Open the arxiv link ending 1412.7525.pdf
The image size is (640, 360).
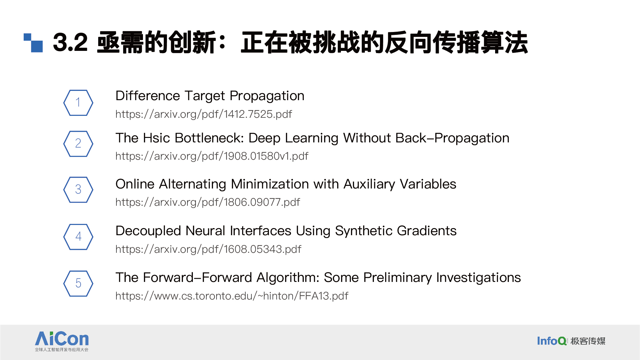coord(204,114)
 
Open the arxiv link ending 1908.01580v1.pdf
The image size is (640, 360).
coord(212,156)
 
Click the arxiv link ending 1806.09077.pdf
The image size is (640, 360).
coord(208,202)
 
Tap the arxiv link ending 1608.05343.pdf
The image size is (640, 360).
coord(208,249)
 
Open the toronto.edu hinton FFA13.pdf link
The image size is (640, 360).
coord(232,296)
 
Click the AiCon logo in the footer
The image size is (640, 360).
coord(62,341)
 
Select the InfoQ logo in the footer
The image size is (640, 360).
coord(571,341)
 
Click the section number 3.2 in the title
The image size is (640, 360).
coord(70,42)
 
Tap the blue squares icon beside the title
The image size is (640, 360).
coord(33,43)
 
